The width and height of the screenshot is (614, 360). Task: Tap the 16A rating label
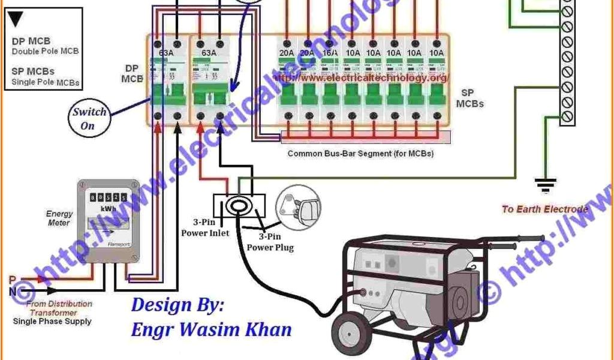(330, 53)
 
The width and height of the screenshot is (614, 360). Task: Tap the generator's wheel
(350, 333)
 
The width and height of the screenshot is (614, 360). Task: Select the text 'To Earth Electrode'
(544, 209)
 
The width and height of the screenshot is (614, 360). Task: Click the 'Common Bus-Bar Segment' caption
(360, 154)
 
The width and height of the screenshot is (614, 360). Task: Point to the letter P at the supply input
(12, 280)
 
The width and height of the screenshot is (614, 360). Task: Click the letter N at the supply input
(12, 292)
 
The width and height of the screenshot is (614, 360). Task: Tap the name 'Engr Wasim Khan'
(212, 329)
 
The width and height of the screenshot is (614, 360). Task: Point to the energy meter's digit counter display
(108, 197)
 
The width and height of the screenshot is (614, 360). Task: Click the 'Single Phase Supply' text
(52, 322)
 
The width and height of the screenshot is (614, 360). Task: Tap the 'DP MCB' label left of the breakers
(133, 73)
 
